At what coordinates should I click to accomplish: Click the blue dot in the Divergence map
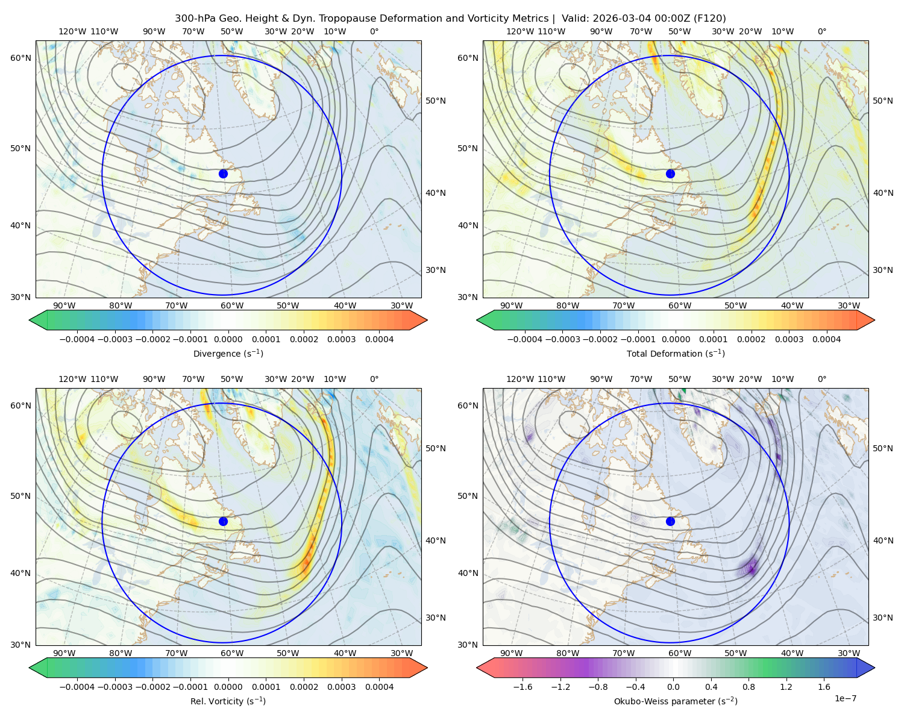(x=223, y=174)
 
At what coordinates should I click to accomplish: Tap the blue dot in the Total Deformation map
(x=670, y=174)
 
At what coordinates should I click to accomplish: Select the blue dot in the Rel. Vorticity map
(x=223, y=521)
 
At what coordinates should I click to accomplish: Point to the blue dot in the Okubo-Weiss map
(x=670, y=521)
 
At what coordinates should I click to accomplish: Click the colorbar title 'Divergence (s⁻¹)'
(x=228, y=353)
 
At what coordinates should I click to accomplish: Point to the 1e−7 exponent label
(x=845, y=698)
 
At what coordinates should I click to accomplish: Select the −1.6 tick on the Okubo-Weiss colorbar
(x=523, y=687)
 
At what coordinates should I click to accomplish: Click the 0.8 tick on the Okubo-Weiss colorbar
(x=749, y=687)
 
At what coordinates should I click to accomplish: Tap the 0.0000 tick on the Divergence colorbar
(x=228, y=339)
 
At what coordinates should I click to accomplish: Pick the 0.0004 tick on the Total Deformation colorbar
(x=826, y=339)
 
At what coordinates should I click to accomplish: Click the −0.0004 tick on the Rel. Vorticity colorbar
(x=77, y=687)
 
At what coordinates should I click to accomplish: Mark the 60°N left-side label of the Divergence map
(x=20, y=58)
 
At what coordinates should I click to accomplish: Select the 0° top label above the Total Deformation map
(x=821, y=31)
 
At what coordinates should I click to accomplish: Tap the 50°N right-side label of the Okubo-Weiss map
(x=883, y=448)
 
